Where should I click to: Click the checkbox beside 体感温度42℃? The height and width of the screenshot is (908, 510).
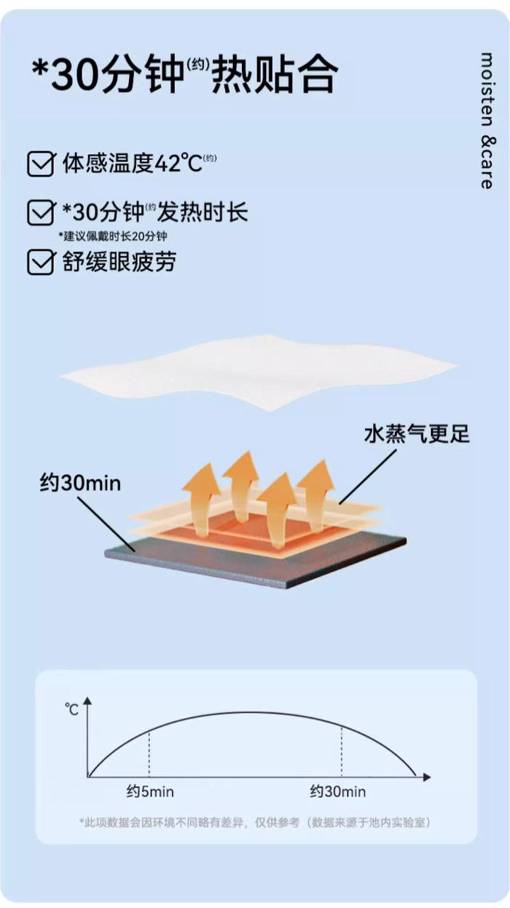40,164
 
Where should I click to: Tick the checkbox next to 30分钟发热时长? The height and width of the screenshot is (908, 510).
40,213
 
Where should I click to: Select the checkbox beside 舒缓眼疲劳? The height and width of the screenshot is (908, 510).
40,262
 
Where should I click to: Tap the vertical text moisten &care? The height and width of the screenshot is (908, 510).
487,120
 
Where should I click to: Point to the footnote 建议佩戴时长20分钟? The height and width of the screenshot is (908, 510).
112,237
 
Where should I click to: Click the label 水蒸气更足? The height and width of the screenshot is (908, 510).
417,433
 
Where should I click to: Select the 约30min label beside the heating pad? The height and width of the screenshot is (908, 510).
80,483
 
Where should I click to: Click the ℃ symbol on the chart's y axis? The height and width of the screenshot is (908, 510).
72,709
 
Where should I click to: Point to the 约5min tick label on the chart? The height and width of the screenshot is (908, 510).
150,792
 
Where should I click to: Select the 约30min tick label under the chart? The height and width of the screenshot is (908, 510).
338,792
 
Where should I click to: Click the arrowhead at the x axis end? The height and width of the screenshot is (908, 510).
427,777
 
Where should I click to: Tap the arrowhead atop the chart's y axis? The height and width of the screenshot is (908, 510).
88,700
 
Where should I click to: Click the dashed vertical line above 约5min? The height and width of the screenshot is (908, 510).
149,752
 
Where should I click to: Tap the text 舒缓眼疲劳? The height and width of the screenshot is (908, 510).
119,262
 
